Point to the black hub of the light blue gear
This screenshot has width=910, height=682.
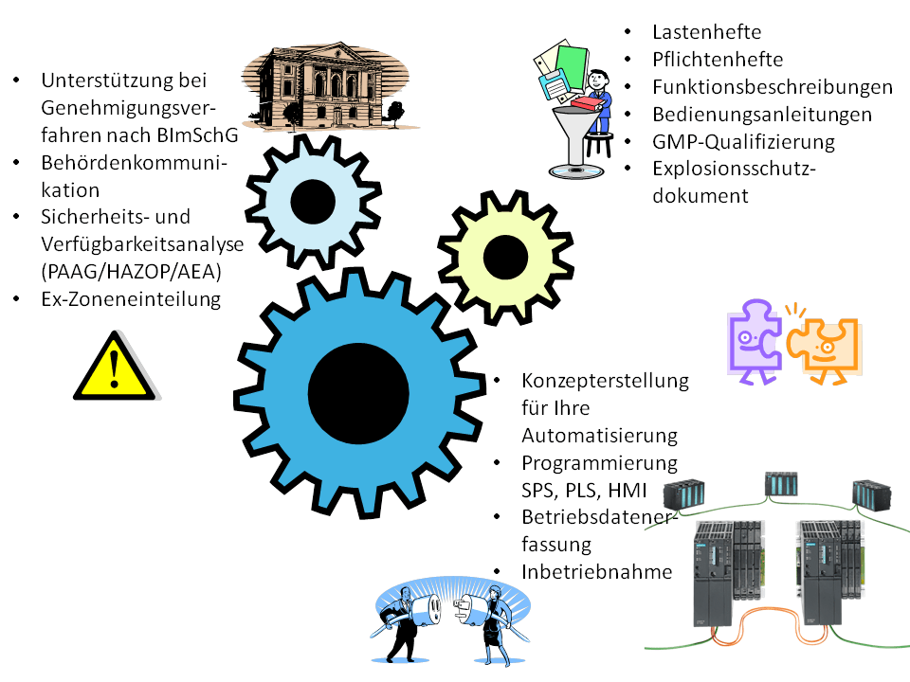point(312,201)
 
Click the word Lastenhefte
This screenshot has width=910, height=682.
point(706,32)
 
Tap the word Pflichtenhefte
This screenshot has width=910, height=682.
point(718,60)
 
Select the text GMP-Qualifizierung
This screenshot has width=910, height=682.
point(743,142)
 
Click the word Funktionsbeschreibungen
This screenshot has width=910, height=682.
point(773,87)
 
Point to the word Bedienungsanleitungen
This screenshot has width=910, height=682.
point(761,115)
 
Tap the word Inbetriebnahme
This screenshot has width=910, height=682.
point(596,572)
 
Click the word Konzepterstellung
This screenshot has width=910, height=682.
point(605,381)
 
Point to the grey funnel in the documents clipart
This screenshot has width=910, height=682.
point(575,134)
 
